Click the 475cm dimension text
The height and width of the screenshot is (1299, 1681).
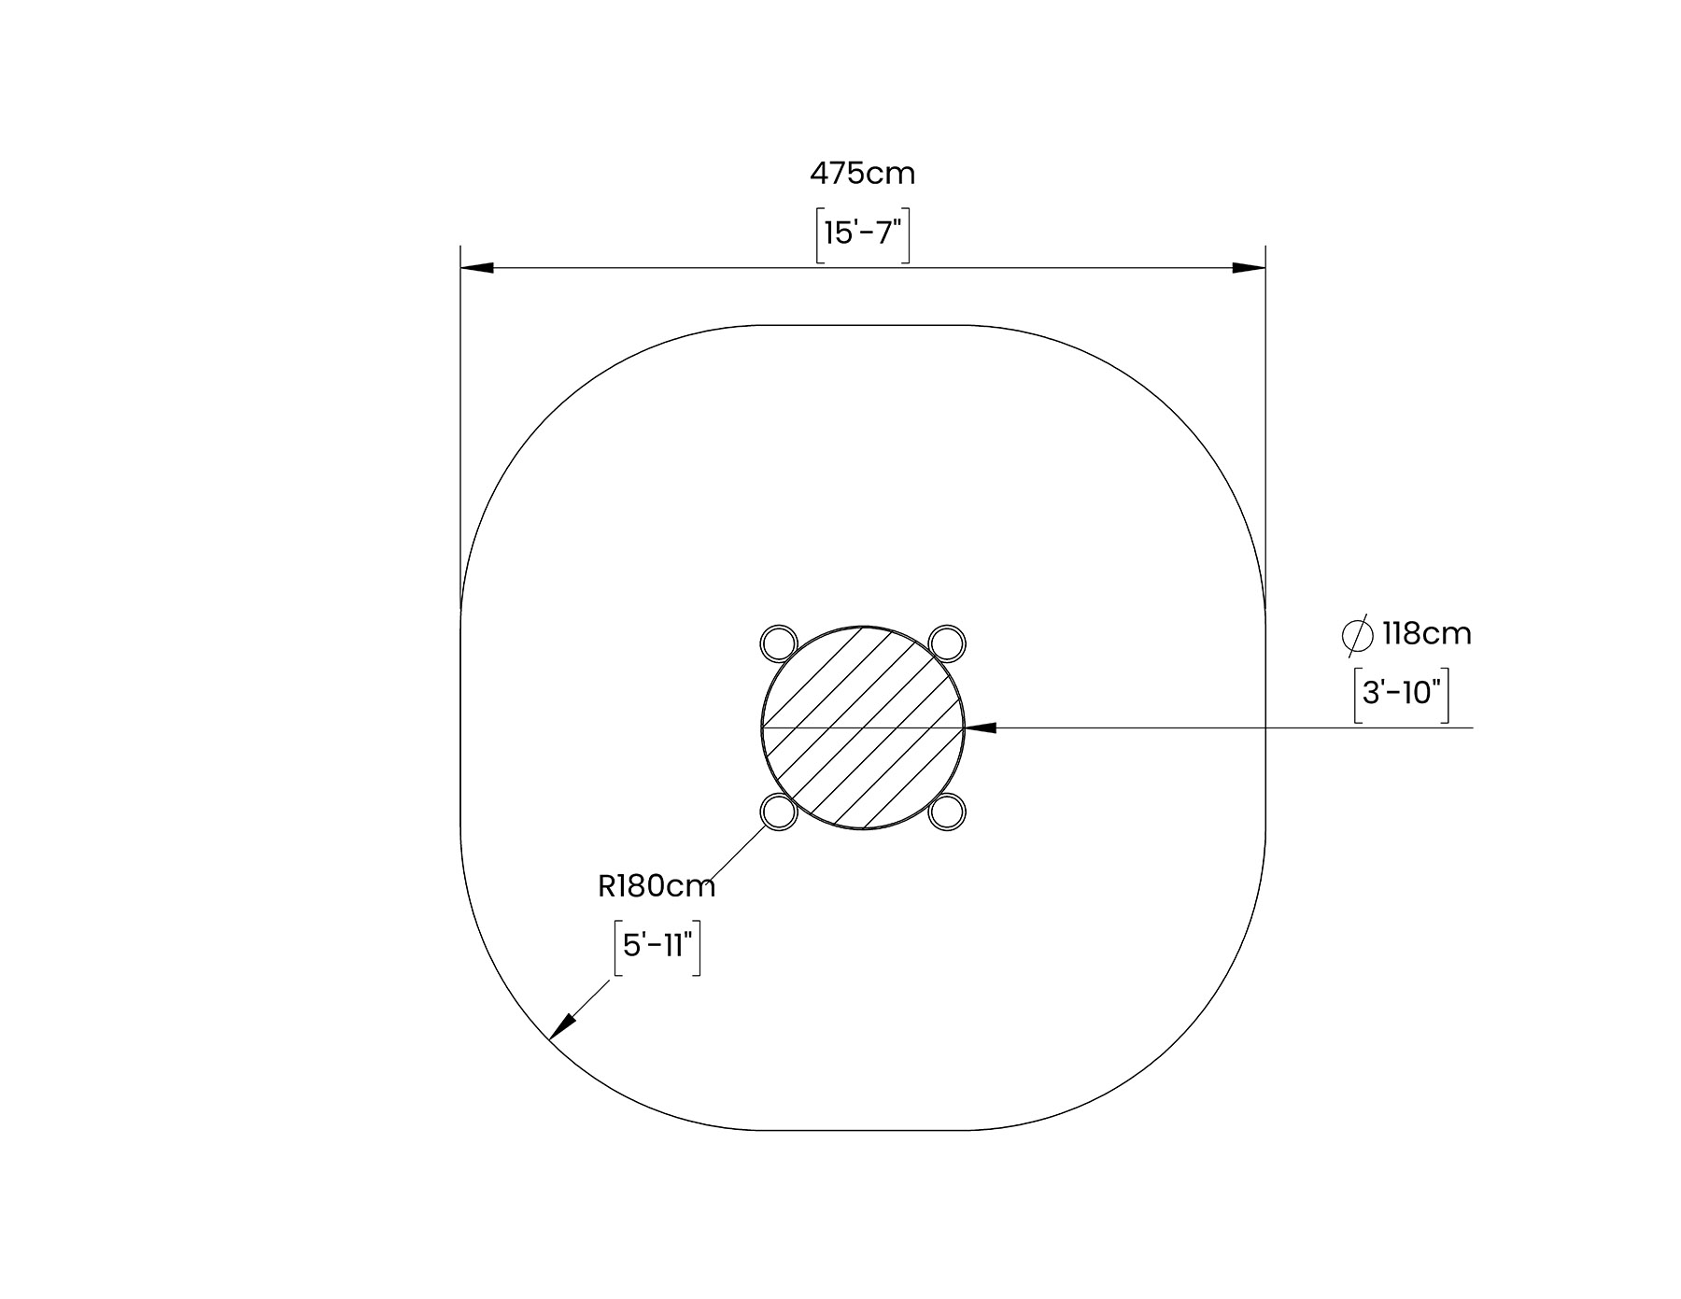862,174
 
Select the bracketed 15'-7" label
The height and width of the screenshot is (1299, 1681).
863,233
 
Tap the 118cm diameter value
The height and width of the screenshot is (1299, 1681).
1426,634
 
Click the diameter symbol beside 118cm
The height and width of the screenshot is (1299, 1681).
1357,635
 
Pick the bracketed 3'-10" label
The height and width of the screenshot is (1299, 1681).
1402,694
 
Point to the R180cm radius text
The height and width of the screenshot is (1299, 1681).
657,886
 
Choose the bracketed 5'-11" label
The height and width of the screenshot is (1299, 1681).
657,947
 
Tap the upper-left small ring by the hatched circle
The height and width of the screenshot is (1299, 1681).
779,642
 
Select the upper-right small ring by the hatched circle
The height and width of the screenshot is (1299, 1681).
947,642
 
